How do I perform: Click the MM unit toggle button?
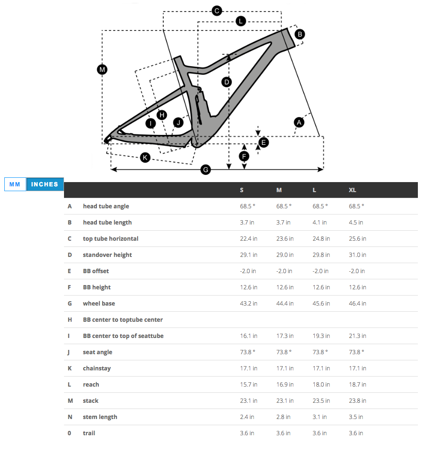click(x=15, y=184)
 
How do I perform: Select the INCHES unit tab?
click(x=45, y=184)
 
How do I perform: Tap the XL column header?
click(x=352, y=190)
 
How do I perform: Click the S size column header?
click(x=242, y=190)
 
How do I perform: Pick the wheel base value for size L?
click(x=320, y=304)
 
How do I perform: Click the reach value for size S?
click(x=248, y=385)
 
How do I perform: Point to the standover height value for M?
click(x=285, y=255)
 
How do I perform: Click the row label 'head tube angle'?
click(x=106, y=206)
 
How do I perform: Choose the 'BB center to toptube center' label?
click(x=123, y=320)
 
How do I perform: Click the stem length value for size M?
click(x=284, y=417)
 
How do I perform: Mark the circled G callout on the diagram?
click(x=205, y=169)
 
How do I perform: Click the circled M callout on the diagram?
click(x=102, y=70)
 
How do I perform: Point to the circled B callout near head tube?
click(x=299, y=34)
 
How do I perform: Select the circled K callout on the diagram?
click(x=145, y=157)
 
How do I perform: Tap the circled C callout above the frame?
click(x=216, y=10)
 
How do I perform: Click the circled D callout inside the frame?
click(x=227, y=82)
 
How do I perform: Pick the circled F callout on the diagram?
click(x=244, y=156)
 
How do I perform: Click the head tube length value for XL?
click(x=356, y=223)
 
